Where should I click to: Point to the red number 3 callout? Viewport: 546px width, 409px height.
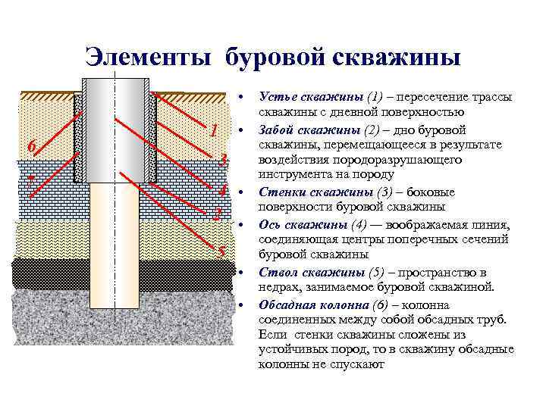[x=222, y=160]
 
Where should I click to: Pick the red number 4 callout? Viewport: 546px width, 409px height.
[x=222, y=189]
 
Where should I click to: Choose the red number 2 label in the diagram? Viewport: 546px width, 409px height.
[x=218, y=214]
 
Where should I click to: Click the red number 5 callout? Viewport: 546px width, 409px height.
[x=221, y=252]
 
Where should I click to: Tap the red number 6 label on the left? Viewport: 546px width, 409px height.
[x=30, y=145]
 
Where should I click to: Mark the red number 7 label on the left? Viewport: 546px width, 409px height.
[x=30, y=181]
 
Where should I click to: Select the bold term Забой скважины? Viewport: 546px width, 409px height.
[x=304, y=130]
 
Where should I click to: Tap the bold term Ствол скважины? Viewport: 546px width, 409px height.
[x=303, y=272]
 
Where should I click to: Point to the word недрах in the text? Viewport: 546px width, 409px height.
[x=278, y=287]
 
